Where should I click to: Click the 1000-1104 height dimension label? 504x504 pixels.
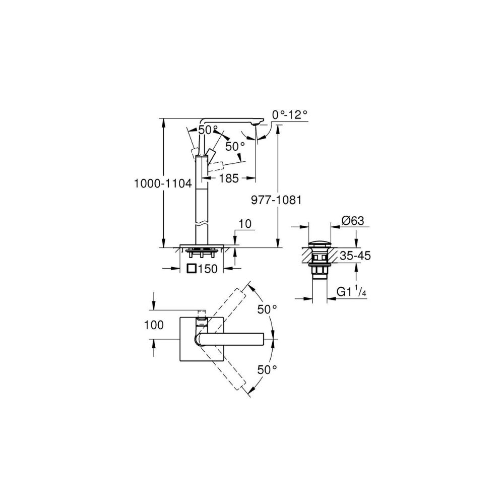[x=163, y=183]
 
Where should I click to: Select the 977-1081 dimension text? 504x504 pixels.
[x=276, y=200]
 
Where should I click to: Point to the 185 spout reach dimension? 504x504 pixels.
[x=229, y=178]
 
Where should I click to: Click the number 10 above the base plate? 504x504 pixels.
[x=245, y=224]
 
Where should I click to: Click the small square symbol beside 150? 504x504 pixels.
[x=192, y=268]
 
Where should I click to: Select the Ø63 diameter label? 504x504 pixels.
[x=353, y=221]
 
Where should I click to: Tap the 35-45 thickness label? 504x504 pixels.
[x=355, y=256]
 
